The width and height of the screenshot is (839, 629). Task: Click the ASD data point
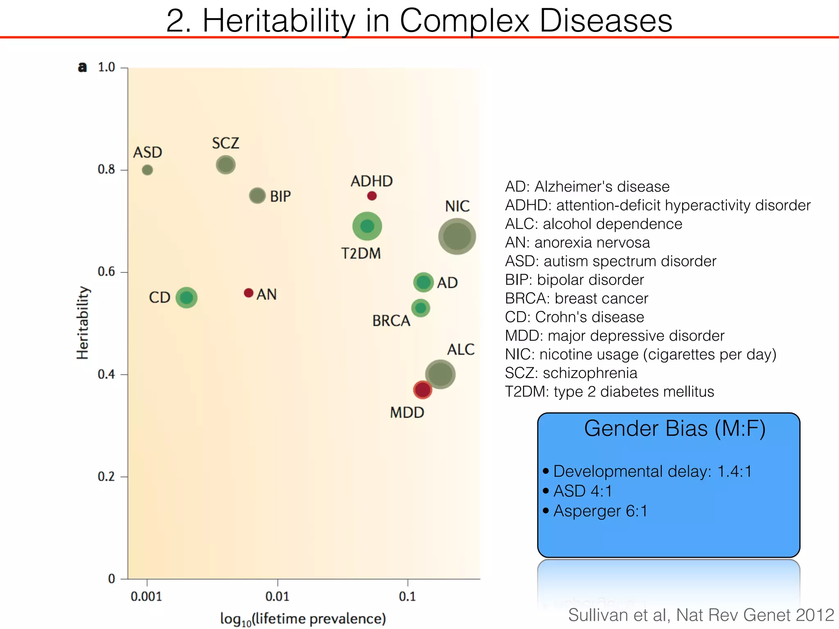147,170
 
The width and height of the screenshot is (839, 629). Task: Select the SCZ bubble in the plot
226,165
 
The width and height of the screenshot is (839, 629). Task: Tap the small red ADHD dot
372,196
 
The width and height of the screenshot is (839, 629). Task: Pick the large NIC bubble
457,236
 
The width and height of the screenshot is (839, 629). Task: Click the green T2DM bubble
367,226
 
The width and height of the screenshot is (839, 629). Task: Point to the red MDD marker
422,389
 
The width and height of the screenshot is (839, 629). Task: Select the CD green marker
186,297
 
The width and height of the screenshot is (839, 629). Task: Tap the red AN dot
249,293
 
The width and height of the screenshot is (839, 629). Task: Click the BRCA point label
391,321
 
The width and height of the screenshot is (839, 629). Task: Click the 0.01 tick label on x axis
277,597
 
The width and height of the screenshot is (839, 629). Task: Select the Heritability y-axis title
83,323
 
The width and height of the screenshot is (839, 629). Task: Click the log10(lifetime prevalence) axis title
303,619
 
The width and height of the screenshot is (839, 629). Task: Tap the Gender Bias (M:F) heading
674,429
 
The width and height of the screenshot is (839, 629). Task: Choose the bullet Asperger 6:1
600,511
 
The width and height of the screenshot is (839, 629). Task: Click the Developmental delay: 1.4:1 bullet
652,471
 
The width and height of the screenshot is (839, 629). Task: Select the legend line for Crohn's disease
574,317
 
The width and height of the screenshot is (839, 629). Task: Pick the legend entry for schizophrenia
571,373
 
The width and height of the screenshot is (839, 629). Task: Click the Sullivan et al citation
701,615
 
